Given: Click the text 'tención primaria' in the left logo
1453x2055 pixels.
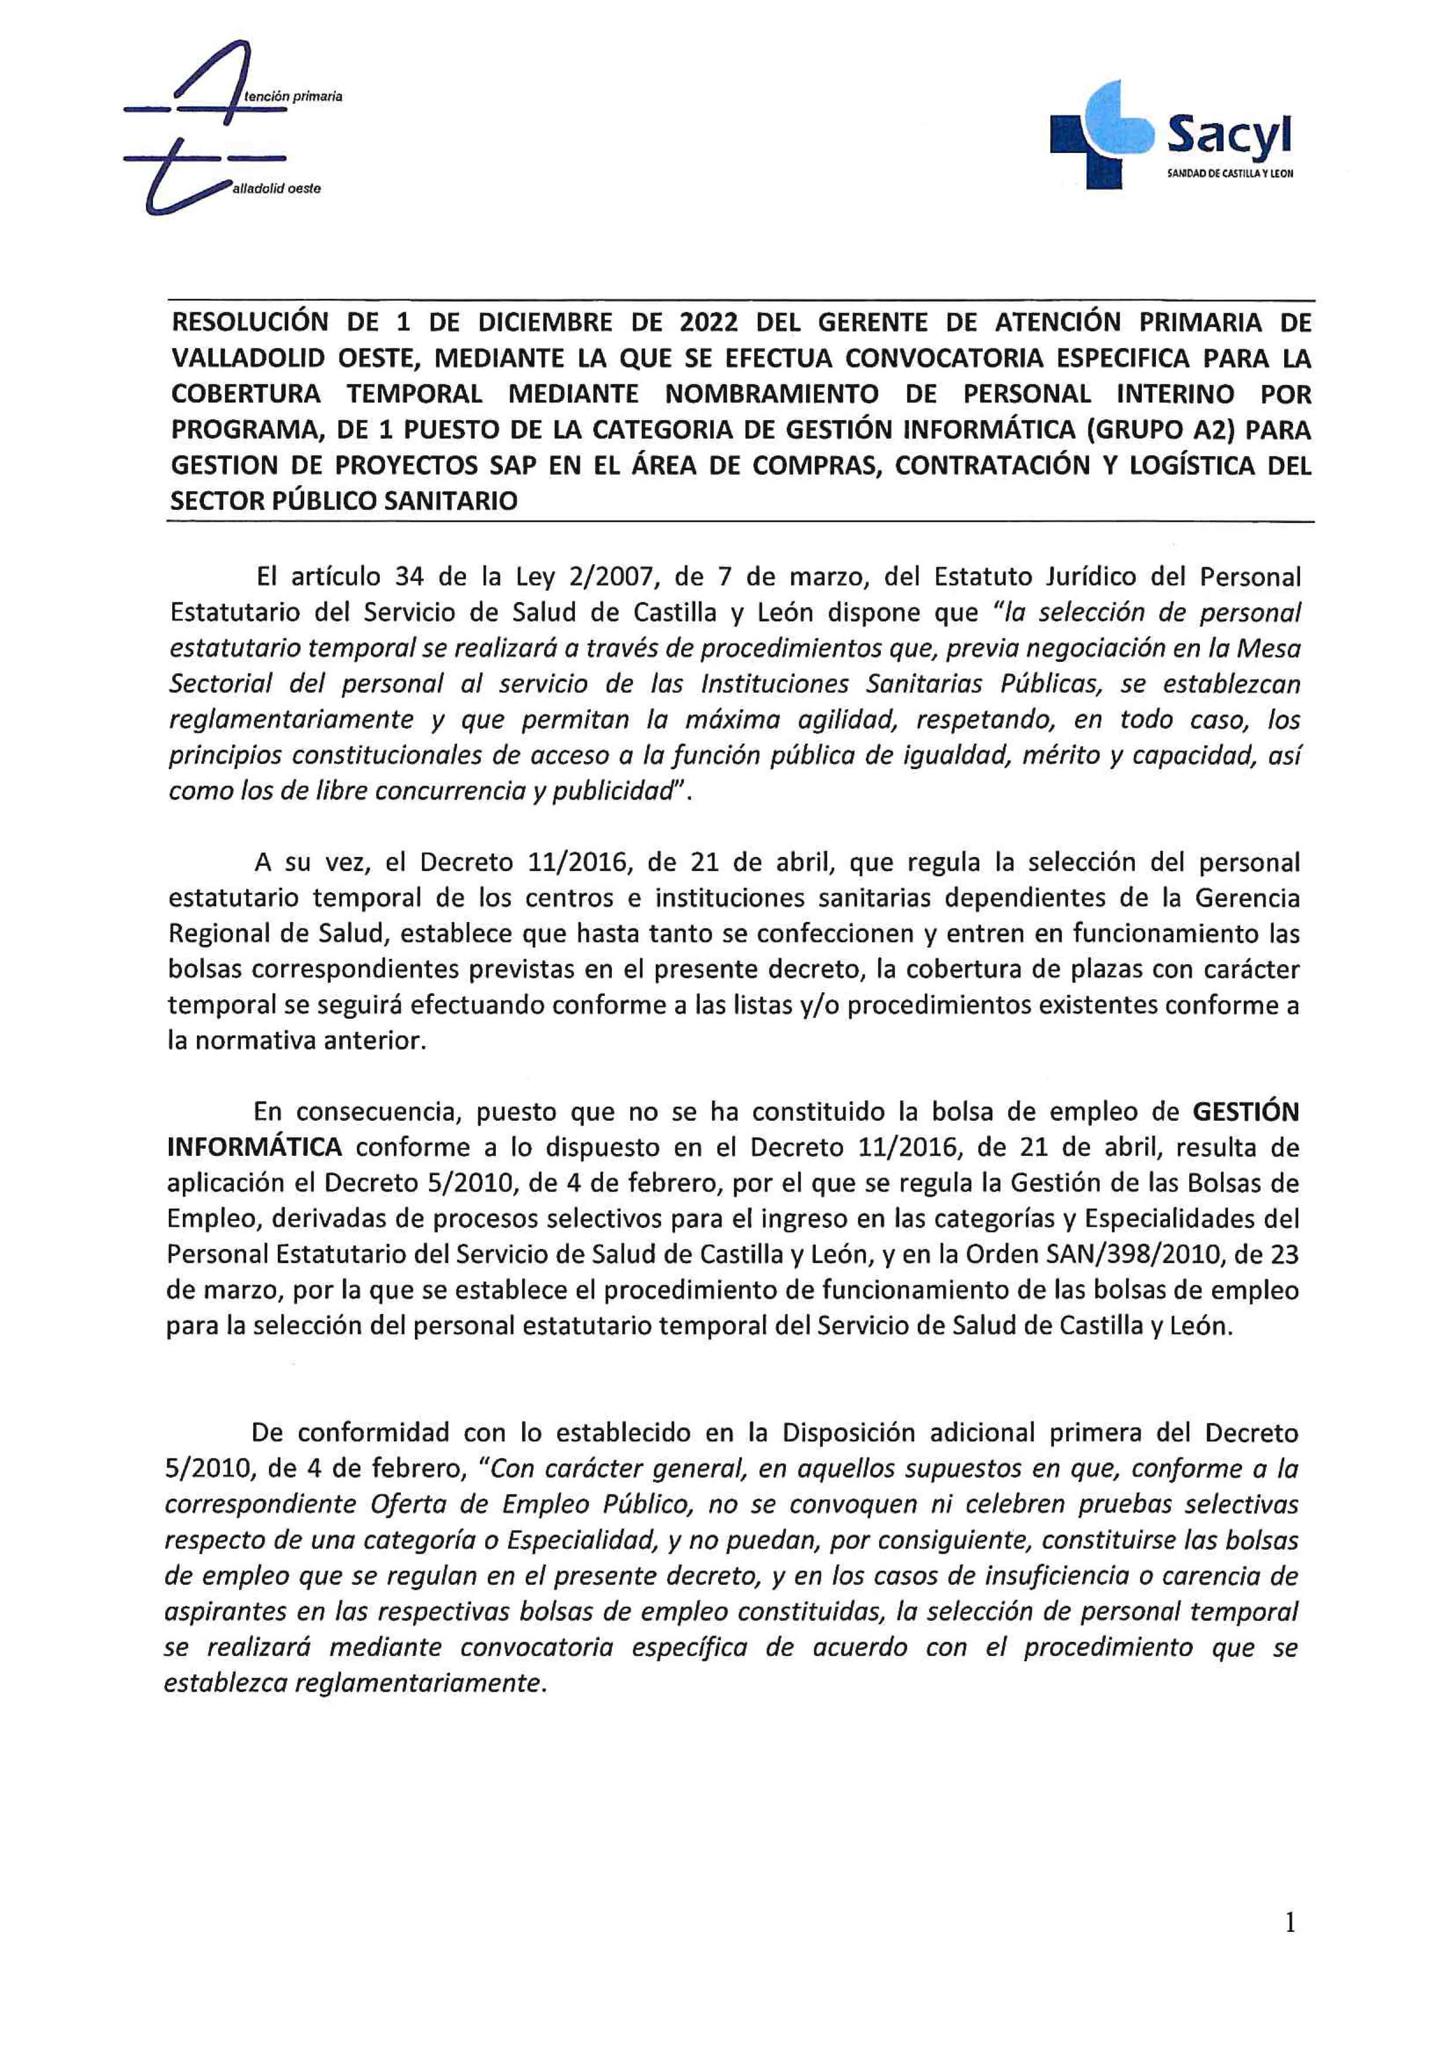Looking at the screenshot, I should pyautogui.click(x=287, y=95).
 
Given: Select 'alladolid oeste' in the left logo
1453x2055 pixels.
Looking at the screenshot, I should pyautogui.click(x=275, y=189).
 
